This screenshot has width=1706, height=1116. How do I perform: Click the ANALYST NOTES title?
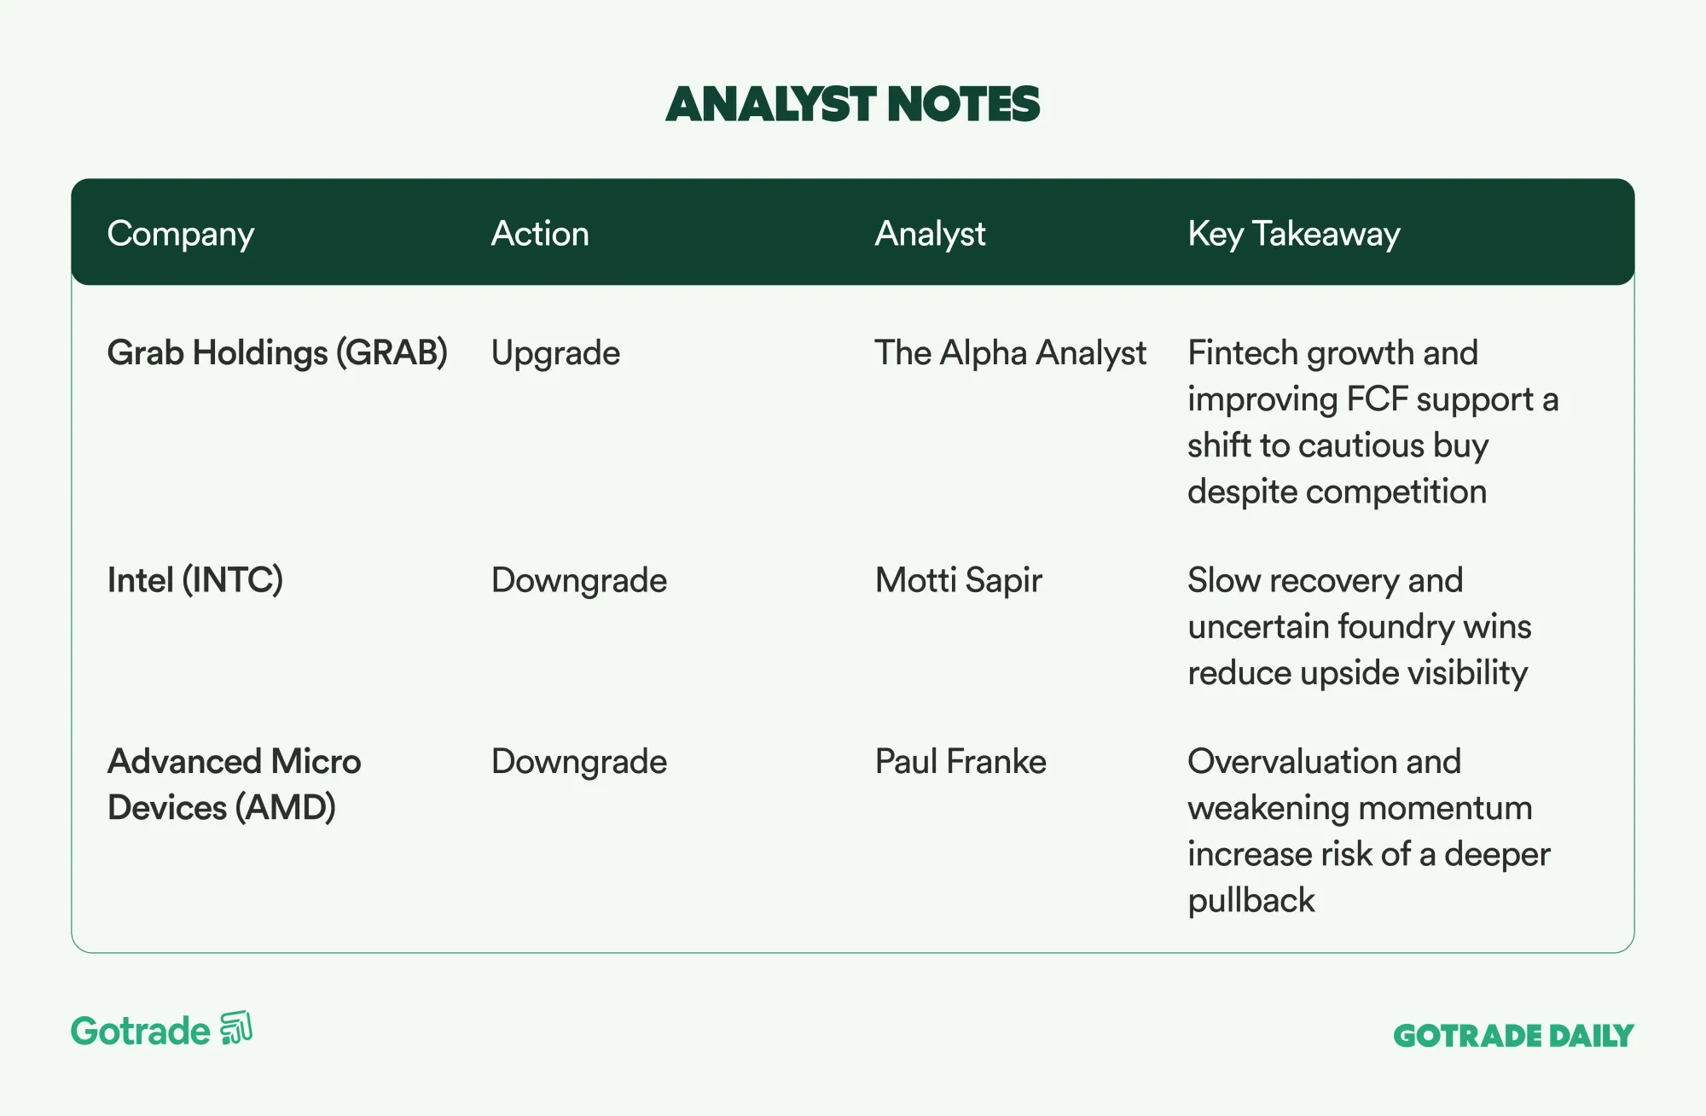[x=853, y=104]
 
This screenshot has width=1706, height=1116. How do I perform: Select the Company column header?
[x=181, y=234]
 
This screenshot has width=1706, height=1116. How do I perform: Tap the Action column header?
[x=540, y=233]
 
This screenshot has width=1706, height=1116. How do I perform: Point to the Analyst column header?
[x=930, y=234]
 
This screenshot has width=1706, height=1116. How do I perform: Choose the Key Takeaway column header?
[x=1294, y=234]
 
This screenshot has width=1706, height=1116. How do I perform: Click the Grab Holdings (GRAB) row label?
[x=277, y=353]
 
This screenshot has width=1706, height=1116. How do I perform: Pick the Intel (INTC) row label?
[x=195, y=580]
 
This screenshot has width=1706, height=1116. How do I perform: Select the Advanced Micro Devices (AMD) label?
[x=235, y=784]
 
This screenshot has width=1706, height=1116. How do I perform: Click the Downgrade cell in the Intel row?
[x=579, y=581]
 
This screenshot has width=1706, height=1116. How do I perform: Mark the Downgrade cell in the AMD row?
[x=579, y=762]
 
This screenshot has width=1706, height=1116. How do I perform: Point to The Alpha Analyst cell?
[x=1011, y=353]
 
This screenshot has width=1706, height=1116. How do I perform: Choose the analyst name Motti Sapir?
[x=959, y=581]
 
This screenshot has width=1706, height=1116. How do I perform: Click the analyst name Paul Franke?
[x=960, y=761]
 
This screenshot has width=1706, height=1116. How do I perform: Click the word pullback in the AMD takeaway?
[x=1251, y=901]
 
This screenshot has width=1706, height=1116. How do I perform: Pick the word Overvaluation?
[x=1293, y=761]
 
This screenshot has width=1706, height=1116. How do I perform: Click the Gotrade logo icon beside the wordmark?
[x=236, y=1028]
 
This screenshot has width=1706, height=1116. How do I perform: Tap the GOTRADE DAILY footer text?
[x=1513, y=1036]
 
